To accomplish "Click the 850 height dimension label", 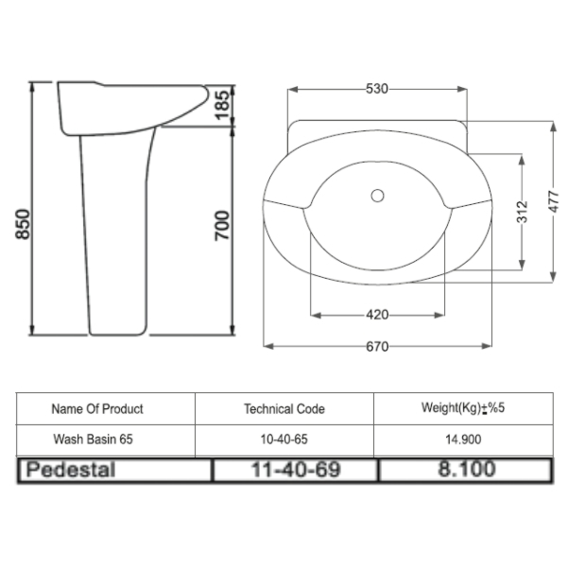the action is (x=23, y=224).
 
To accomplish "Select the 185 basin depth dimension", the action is (x=222, y=106).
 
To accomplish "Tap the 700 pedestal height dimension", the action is (x=222, y=225).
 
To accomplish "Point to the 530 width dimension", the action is (x=377, y=89).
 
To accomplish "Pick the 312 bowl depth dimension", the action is (x=522, y=212).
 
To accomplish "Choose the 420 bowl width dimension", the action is (x=377, y=315).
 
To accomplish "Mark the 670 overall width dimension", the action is (x=377, y=347).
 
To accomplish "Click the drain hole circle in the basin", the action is (x=377, y=196).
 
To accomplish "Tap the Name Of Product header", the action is (x=97, y=409).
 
